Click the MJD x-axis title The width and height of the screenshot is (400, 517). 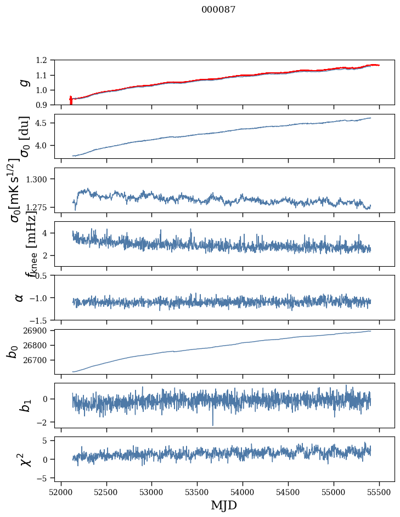coord(224,505)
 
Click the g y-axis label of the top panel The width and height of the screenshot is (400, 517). coord(22,82)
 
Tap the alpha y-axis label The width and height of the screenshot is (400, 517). coord(20,297)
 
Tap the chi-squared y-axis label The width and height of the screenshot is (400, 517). coord(25,459)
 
